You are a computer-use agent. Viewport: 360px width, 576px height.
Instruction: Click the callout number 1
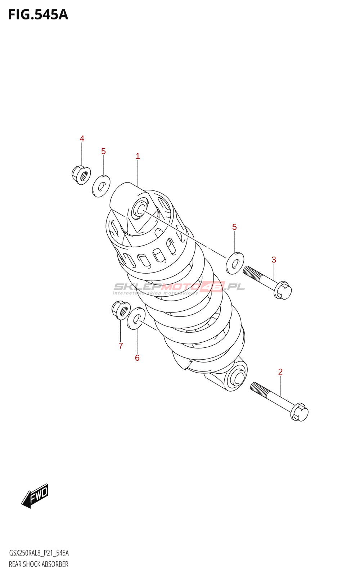coord(138,156)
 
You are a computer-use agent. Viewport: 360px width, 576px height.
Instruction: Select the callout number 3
coord(274,260)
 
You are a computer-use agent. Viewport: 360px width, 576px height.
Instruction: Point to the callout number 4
coord(82,139)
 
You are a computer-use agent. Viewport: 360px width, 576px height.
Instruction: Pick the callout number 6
coord(137,358)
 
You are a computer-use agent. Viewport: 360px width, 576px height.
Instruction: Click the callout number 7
coord(121,346)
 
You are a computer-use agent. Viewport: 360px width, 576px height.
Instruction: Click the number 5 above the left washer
coord(103,151)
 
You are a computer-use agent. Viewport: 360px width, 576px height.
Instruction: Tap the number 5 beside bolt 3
coord(234,227)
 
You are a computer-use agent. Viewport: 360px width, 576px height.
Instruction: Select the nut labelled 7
coord(121,310)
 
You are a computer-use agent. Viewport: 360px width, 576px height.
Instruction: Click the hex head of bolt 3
coord(283,291)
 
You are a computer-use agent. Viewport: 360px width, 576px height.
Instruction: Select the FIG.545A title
coord(38,15)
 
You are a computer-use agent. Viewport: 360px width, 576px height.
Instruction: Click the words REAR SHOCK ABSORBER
coord(39,564)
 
